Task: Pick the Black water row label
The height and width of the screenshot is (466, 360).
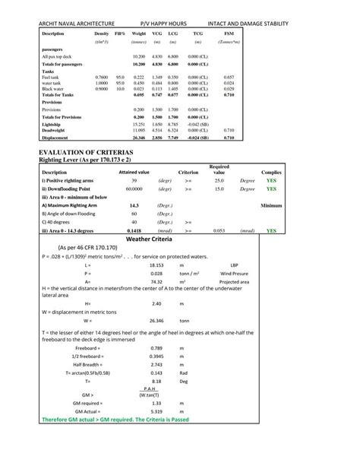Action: tap(54, 89)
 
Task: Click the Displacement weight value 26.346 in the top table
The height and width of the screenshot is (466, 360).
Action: tap(138, 138)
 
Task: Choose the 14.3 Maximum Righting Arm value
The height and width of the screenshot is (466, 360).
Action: tap(134, 205)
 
